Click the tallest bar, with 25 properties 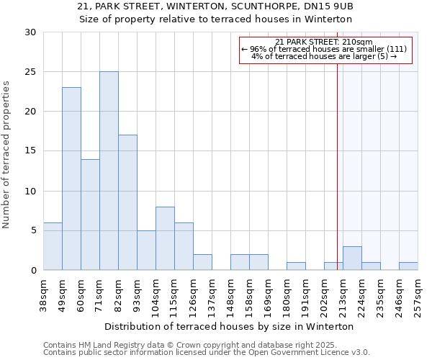coord(109,171)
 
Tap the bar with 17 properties coord(127,202)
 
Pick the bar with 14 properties coord(90,215)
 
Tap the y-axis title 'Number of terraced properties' coord(6,154)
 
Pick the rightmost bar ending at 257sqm coord(408,266)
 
